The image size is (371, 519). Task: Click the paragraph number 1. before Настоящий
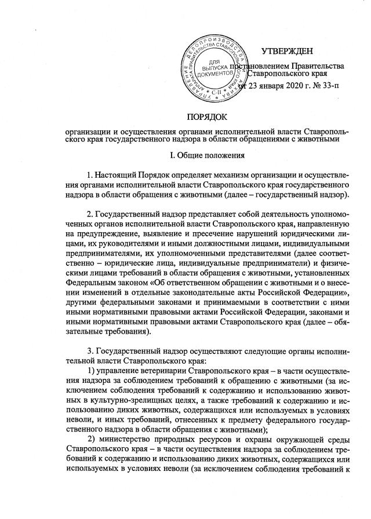89,174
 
